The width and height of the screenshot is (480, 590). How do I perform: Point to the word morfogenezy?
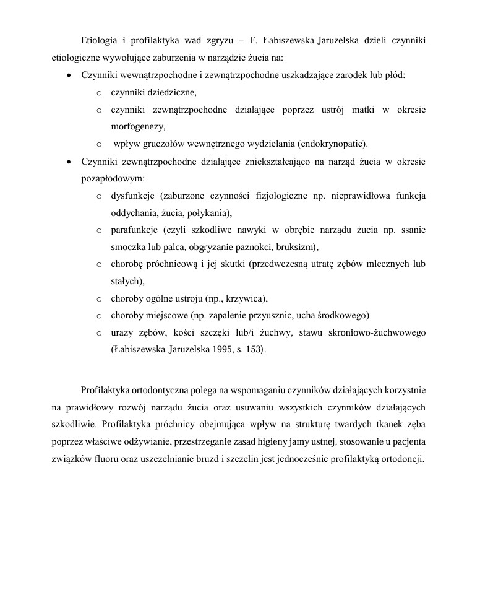[138, 127]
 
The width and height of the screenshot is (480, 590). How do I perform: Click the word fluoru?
[109, 459]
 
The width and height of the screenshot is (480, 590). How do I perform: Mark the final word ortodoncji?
[401, 459]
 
